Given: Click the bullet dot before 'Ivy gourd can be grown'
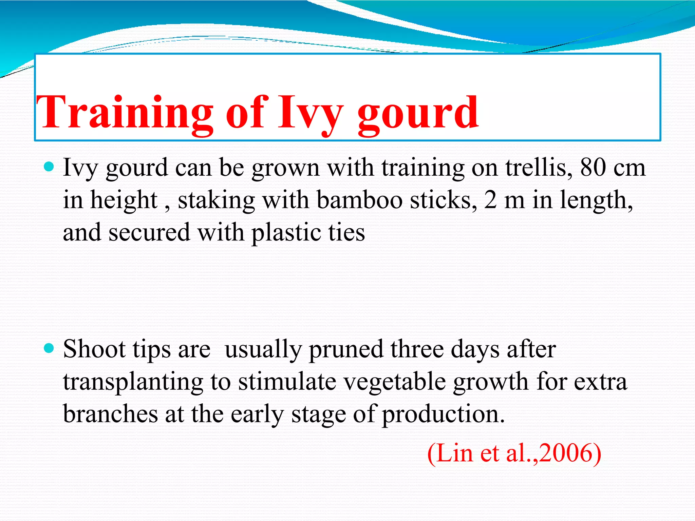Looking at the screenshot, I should tap(49, 167).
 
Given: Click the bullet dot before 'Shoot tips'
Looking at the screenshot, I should tap(49, 348).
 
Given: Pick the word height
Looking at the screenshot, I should tap(124, 200).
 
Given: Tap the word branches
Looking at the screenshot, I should tap(110, 414).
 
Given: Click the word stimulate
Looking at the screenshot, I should tap(287, 382).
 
